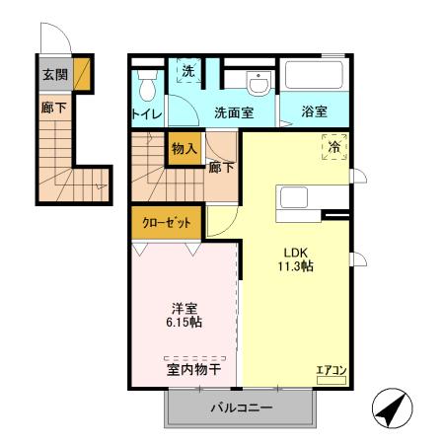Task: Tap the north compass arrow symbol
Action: [x=390, y=405]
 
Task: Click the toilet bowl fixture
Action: [x=148, y=89]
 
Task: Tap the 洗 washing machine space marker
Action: [x=186, y=71]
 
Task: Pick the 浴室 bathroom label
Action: [x=315, y=112]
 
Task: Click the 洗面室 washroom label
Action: [x=234, y=112]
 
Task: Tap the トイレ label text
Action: [x=147, y=114]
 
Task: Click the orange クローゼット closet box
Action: [x=166, y=222]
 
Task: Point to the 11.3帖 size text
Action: [x=295, y=266]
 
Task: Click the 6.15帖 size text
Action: [x=185, y=324]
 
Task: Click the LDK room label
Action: [x=295, y=251]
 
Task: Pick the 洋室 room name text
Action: [x=185, y=308]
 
